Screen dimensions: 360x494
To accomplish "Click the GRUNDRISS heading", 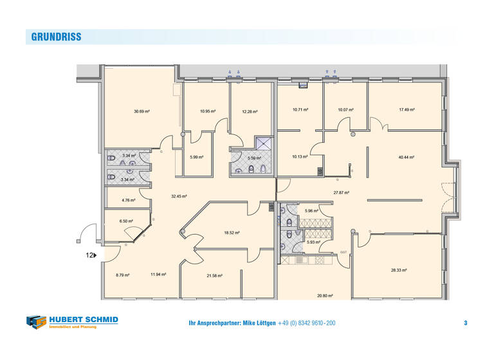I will pyautogui.click(x=57, y=37).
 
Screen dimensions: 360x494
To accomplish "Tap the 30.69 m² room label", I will pyautogui.click(x=142, y=111).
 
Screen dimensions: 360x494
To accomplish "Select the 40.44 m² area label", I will pyautogui.click(x=406, y=157).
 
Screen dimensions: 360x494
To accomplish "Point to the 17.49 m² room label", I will pyautogui.click(x=407, y=110).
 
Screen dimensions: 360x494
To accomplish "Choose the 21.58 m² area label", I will pyautogui.click(x=214, y=275).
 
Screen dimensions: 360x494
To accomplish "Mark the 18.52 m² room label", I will pyautogui.click(x=232, y=233).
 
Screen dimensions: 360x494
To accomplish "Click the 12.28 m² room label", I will pyautogui.click(x=250, y=111).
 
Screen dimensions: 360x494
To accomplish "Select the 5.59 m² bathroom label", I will pyautogui.click(x=255, y=157).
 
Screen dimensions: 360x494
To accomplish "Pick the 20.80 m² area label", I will pyautogui.click(x=325, y=296).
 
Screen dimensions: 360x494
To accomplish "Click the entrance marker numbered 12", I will pyautogui.click(x=91, y=255).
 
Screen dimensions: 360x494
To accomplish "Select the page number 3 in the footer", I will pyautogui.click(x=465, y=323).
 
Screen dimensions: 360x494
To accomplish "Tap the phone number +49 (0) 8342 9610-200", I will pyautogui.click(x=307, y=323).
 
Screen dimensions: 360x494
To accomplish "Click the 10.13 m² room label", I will pyautogui.click(x=300, y=156).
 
